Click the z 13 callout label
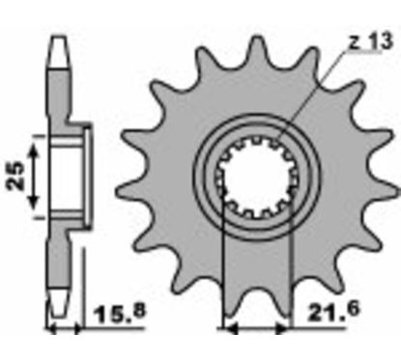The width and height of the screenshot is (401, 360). pos(371,42)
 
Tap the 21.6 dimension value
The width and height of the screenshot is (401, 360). pos(332,312)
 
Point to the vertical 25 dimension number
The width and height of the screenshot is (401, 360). pos(16,176)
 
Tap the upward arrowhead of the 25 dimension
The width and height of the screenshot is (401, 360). pos(33,152)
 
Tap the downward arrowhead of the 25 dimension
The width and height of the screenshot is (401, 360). pos(33,201)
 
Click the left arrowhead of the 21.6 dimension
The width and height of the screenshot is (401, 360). pos(230,329)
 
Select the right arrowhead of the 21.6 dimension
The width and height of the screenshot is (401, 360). pos(282,329)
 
